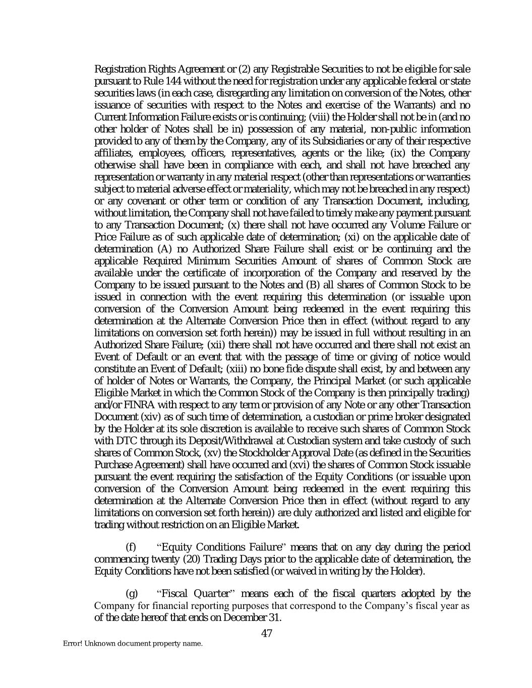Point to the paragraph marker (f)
tap(131, 547)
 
